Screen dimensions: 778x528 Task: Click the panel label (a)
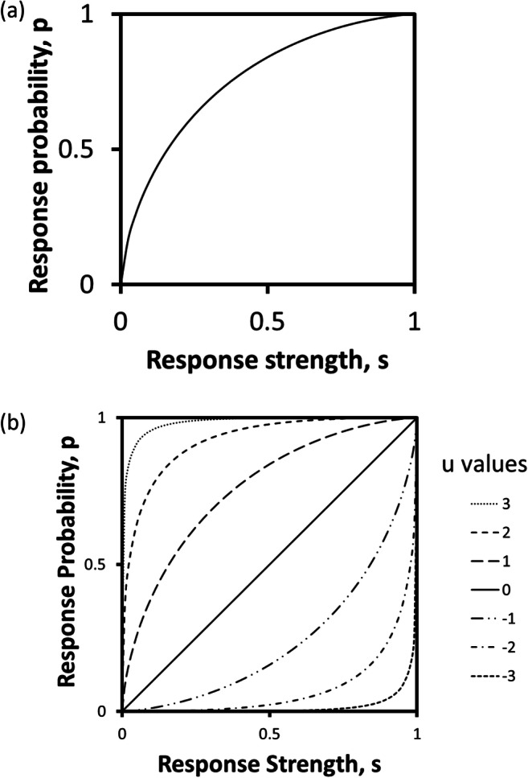pyautogui.click(x=18, y=14)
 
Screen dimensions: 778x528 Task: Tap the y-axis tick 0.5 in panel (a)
pyautogui.click(x=90, y=150)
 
